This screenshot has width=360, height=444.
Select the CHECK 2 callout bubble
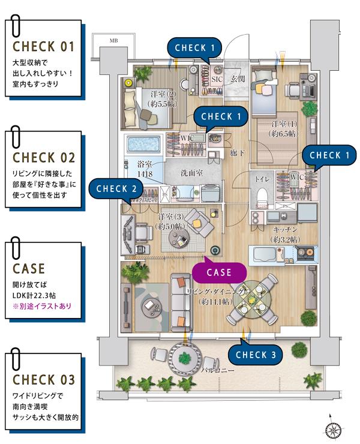click(x=117, y=188)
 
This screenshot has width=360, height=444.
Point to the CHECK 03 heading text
click(x=44, y=380)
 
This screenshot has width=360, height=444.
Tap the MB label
click(x=113, y=41)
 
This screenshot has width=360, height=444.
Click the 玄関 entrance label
click(x=237, y=79)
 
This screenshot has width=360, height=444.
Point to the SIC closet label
click(x=217, y=79)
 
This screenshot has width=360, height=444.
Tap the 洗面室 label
click(x=191, y=173)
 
